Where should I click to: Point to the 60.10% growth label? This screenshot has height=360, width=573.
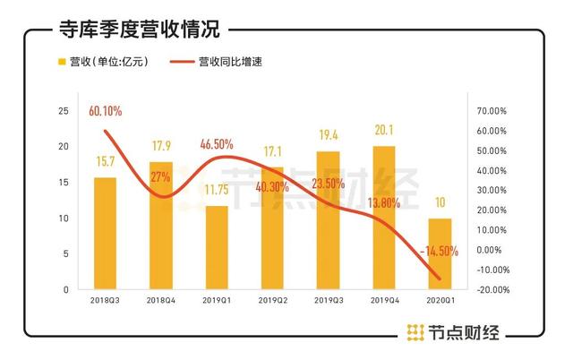click(105, 111)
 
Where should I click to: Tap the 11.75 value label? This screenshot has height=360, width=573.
click(217, 192)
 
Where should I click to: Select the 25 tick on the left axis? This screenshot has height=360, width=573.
click(63, 111)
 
